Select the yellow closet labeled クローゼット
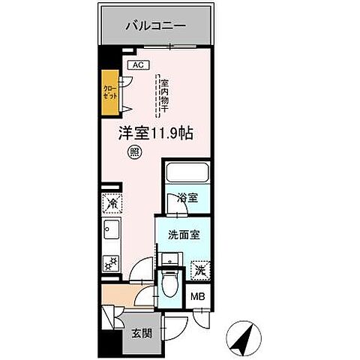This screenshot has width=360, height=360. pyautogui.click(x=110, y=94)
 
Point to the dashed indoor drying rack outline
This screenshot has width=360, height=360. pyautogui.click(x=160, y=95)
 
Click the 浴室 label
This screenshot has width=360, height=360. pyautogui.click(x=187, y=198)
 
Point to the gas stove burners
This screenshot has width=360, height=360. pyautogui.click(x=110, y=262)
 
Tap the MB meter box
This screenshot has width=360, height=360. pyautogui.click(x=199, y=295)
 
